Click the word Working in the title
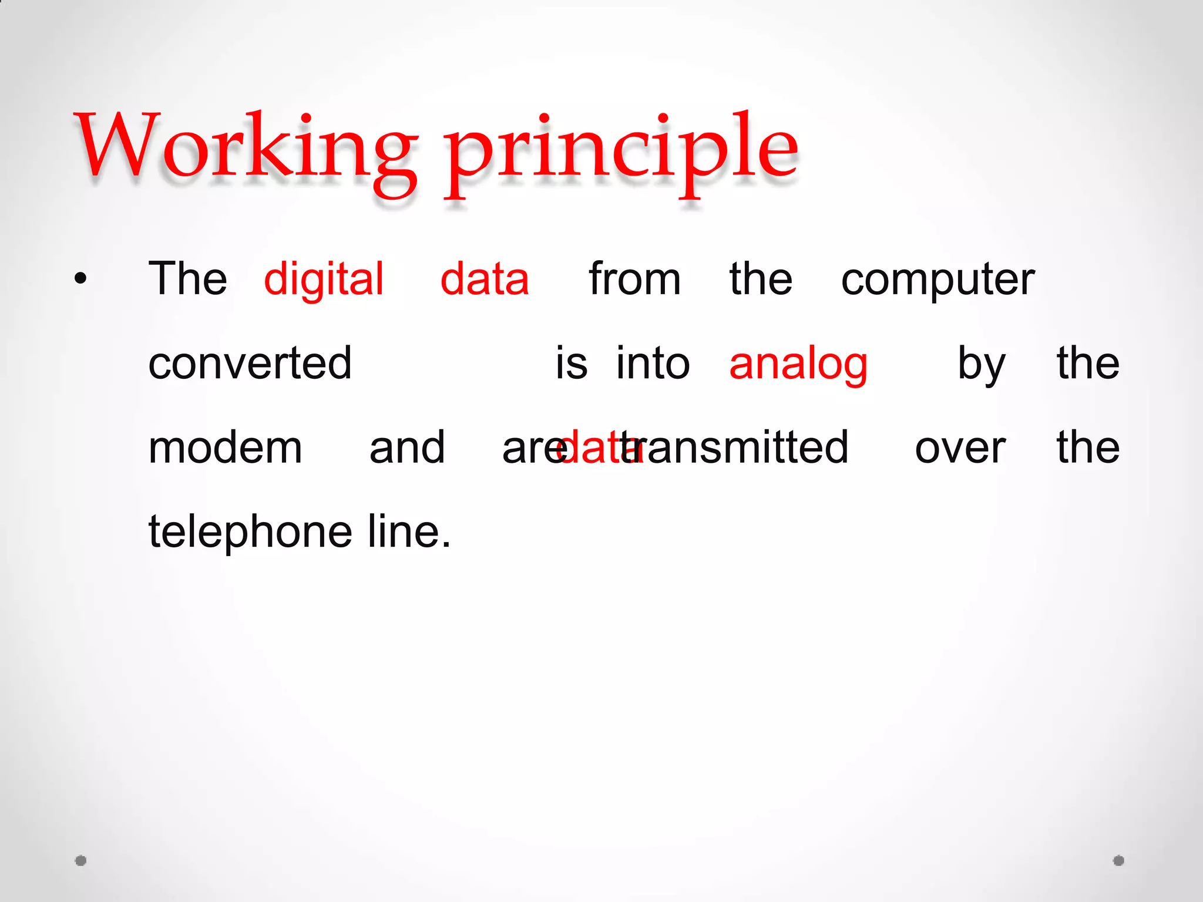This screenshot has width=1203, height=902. tap(244, 147)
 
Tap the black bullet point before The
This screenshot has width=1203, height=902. tap(80, 279)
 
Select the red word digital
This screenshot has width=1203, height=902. tap(324, 280)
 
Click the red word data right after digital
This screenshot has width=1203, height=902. tap(485, 280)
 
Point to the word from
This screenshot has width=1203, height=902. tap(634, 280)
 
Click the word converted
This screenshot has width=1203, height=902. tap(250, 364)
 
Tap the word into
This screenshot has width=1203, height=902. tap(653, 364)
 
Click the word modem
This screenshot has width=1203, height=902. tap(225, 448)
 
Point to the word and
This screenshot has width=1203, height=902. tap(407, 448)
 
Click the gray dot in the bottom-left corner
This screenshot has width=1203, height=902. tap(81, 861)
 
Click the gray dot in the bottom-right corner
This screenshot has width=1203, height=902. tap(1119, 861)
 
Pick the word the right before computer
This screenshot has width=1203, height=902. tap(761, 280)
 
